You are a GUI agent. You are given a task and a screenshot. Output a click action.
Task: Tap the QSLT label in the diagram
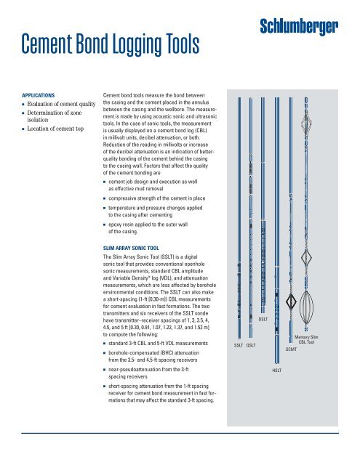tap(252, 345)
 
